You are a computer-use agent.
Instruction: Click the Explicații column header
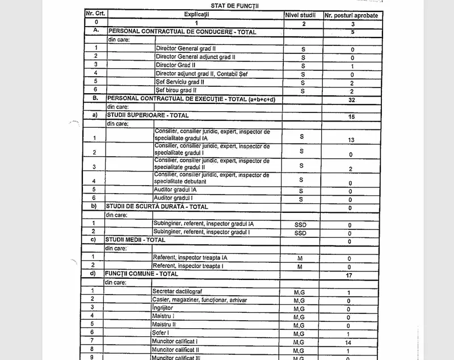(x=196, y=13)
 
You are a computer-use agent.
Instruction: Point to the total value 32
(x=352, y=99)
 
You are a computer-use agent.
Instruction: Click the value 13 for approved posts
(x=352, y=140)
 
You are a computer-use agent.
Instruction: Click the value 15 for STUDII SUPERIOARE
(x=352, y=116)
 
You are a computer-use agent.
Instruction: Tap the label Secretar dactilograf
(x=176, y=291)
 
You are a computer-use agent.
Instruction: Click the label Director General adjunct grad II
(x=195, y=57)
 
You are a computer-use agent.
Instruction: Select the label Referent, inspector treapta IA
(x=190, y=257)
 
